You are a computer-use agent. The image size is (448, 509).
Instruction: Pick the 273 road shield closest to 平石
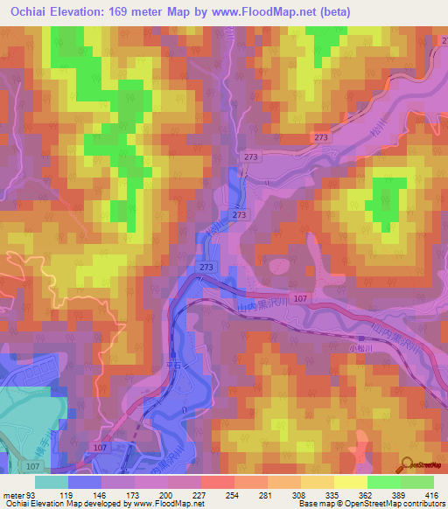pos(206,267)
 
